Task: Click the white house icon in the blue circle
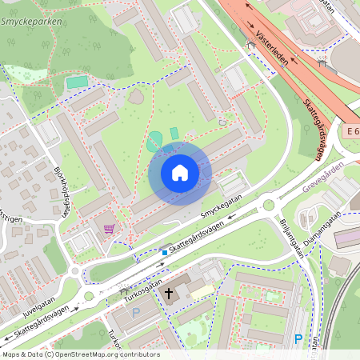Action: (180, 173)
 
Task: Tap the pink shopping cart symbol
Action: (109, 230)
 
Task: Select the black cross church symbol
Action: (169, 294)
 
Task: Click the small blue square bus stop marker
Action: (165, 253)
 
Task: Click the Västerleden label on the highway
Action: (274, 47)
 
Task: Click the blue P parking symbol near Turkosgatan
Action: (135, 313)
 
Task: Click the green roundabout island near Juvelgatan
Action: (88, 296)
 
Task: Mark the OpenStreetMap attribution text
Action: (80, 354)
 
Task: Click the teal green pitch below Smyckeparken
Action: (77, 82)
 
